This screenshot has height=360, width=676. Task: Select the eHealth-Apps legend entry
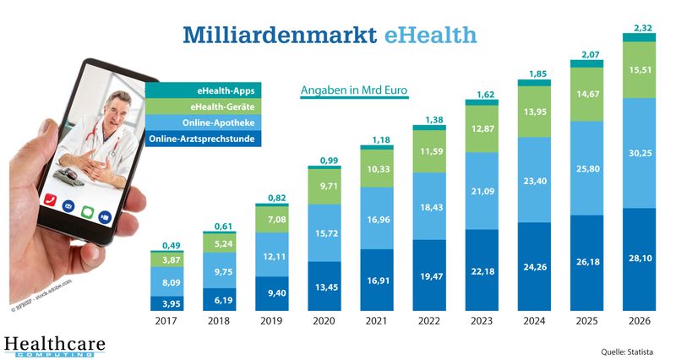[x=202, y=90]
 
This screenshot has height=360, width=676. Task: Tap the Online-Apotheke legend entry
[x=202, y=122]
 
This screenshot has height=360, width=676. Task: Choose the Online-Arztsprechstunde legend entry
[x=202, y=138]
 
